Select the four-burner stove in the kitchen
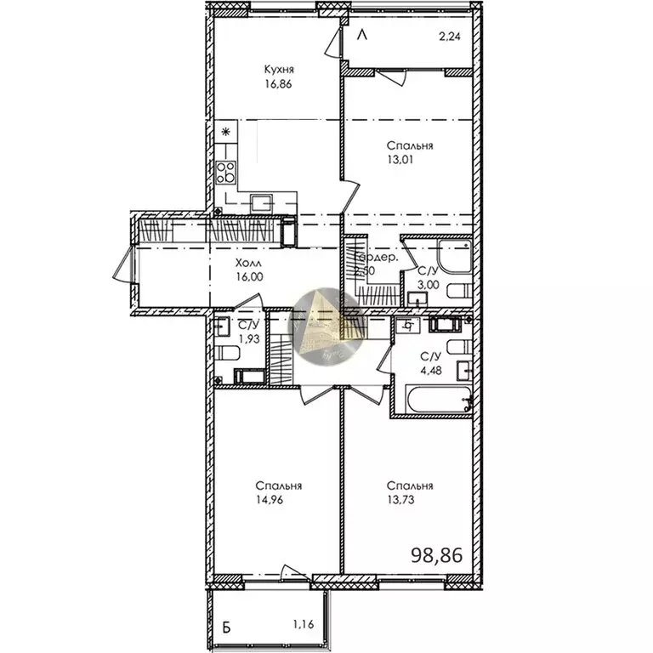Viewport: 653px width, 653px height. (226, 173)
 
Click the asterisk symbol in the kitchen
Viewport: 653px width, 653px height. (226, 132)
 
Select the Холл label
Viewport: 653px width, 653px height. (249, 263)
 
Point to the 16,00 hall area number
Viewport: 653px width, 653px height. (249, 276)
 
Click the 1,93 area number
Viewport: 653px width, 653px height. (249, 339)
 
